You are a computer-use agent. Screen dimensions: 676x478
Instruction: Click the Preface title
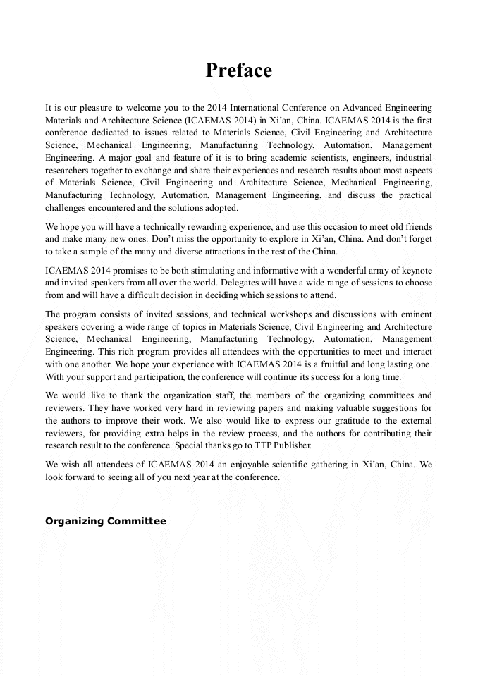238,70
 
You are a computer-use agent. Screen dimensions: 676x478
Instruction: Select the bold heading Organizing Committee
106,521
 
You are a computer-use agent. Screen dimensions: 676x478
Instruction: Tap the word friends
415,228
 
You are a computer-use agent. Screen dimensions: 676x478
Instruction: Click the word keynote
415,271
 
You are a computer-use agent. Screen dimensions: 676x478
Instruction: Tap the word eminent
415,314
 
